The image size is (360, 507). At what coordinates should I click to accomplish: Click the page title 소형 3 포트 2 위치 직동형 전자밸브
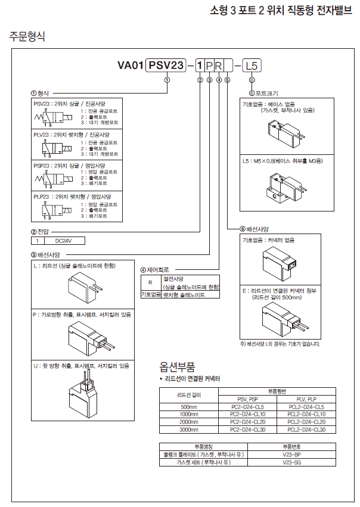tap(283, 11)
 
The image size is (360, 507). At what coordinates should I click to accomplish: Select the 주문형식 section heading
tap(27, 36)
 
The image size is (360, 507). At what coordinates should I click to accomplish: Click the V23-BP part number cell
tap(291, 454)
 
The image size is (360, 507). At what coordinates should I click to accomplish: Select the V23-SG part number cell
tap(291, 462)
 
